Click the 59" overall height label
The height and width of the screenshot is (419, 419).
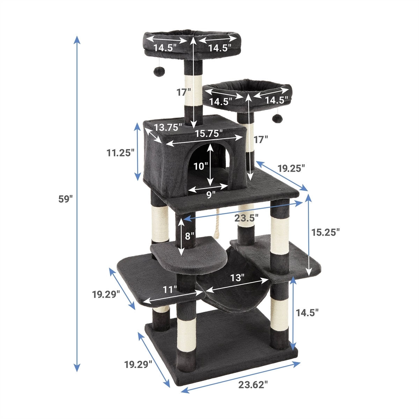(x=65, y=199)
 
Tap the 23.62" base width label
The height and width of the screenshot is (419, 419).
(x=253, y=385)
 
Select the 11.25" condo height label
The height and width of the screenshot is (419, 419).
(x=119, y=153)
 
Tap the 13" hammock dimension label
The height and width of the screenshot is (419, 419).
(x=237, y=278)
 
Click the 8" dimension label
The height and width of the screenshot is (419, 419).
(x=189, y=236)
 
